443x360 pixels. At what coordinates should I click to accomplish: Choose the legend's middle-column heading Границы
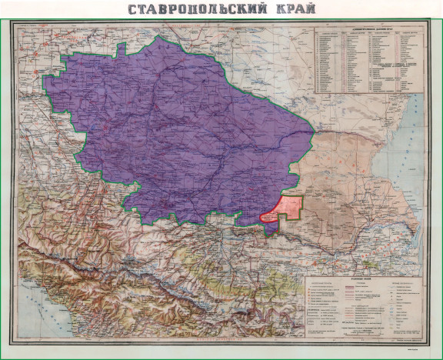tap(361, 287)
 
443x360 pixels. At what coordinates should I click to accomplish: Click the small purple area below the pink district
tap(270, 222)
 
